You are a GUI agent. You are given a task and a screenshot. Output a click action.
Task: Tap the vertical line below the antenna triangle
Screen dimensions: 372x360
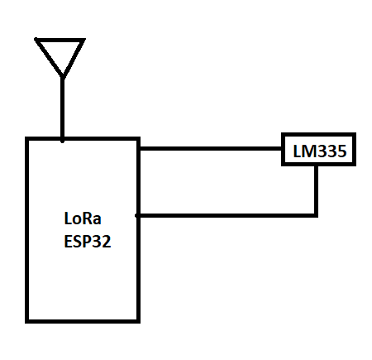(x=63, y=109)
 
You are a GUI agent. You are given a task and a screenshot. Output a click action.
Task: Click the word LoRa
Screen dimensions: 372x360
(x=83, y=218)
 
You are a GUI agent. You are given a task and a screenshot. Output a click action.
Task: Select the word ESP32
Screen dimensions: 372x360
(x=88, y=242)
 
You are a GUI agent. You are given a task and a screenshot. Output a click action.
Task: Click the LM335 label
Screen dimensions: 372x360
(x=320, y=151)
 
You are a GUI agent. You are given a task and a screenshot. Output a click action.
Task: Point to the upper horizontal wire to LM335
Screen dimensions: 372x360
(x=211, y=149)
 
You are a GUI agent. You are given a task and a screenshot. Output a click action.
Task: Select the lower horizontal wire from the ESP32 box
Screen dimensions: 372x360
(x=227, y=215)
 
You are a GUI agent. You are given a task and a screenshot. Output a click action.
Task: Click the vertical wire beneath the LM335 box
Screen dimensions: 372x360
(x=316, y=190)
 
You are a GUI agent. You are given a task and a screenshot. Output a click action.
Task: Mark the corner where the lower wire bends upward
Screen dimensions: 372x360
(x=316, y=215)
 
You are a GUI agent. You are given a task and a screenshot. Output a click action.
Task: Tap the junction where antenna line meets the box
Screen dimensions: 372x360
(x=63, y=140)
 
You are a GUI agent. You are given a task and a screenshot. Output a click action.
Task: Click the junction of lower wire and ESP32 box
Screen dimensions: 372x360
(x=138, y=215)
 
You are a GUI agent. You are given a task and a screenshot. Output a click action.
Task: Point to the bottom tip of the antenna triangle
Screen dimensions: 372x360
(x=63, y=77)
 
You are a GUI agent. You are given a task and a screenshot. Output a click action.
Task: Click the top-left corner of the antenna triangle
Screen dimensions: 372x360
(x=36, y=40)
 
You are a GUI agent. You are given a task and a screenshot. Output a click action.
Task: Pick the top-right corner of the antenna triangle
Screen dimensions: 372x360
(x=83, y=40)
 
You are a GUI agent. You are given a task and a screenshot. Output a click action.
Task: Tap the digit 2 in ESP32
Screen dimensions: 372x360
(x=107, y=242)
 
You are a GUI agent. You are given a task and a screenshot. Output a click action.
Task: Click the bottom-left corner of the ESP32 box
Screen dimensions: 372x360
(x=26, y=321)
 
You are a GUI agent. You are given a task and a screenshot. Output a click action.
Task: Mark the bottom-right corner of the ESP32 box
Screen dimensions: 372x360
(x=138, y=321)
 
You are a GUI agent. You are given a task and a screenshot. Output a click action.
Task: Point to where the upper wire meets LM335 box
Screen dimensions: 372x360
(x=282, y=149)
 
